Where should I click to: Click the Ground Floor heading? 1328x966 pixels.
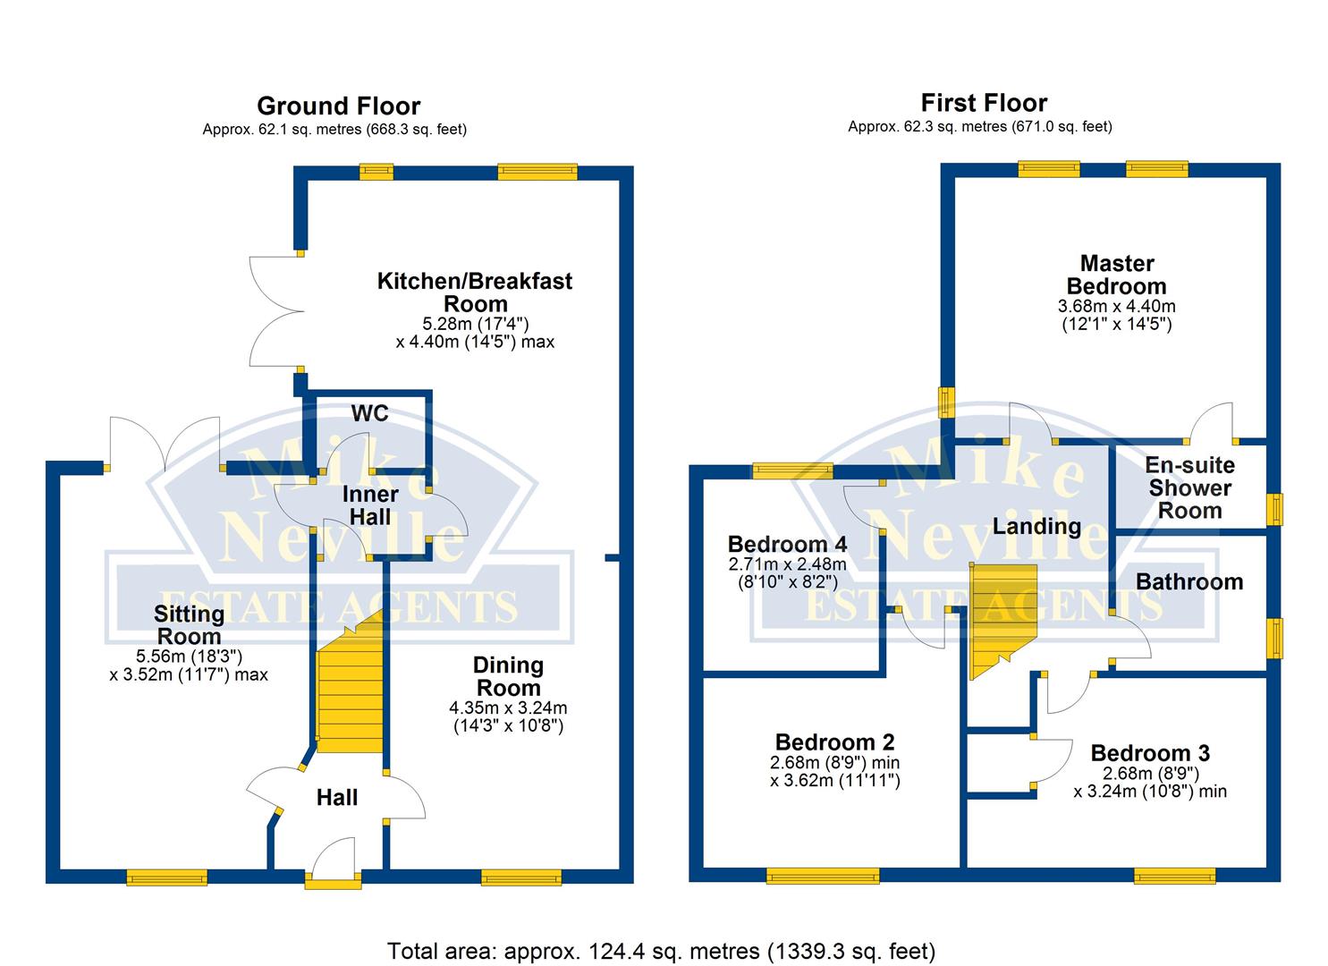(338, 106)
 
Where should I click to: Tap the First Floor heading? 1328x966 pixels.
(984, 103)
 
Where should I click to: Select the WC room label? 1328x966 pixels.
(369, 413)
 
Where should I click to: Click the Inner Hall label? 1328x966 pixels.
(370, 505)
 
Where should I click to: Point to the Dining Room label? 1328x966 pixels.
(508, 676)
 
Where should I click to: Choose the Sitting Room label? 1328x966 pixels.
(189, 624)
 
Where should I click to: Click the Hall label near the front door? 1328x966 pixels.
(337, 798)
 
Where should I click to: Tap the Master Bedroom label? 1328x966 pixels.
(1116, 275)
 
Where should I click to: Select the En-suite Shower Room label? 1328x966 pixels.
(1189, 487)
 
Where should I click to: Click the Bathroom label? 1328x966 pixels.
(1189, 582)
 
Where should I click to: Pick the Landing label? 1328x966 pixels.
(1036, 526)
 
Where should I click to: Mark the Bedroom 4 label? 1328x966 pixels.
(787, 545)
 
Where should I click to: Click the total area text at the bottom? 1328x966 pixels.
(661, 950)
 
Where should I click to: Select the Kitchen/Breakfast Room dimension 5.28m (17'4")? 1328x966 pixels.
(475, 324)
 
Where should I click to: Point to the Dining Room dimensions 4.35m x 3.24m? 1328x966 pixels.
(508, 708)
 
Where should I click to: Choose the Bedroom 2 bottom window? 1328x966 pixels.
(823, 877)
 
